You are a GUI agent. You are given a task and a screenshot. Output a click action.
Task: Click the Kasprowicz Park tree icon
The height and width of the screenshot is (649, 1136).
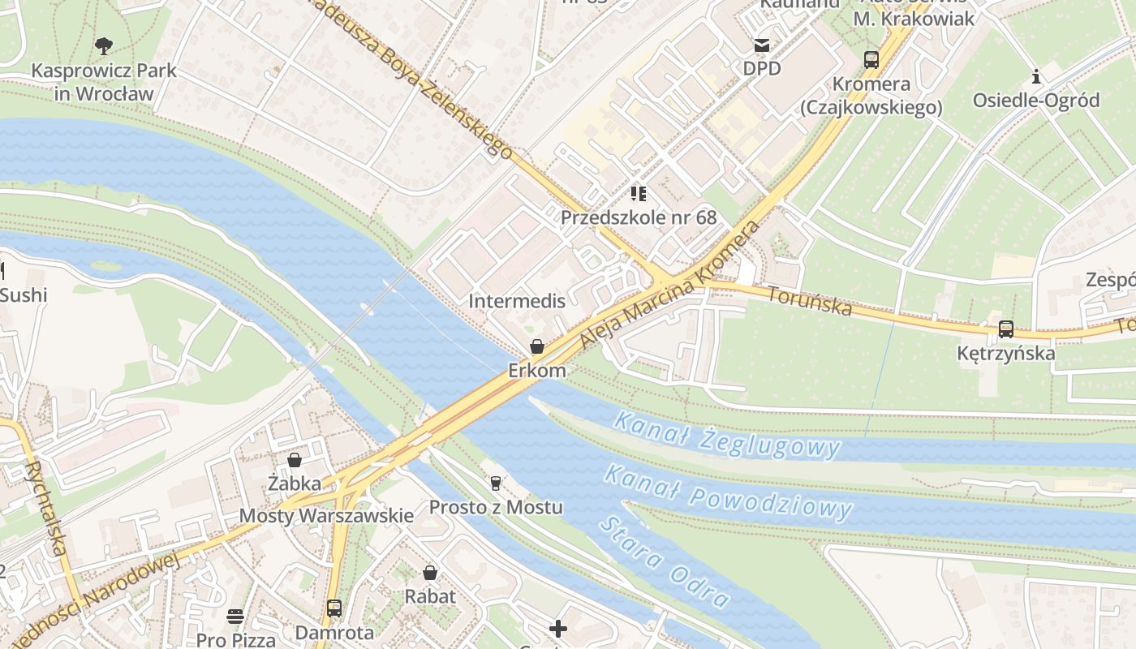[x=104, y=45]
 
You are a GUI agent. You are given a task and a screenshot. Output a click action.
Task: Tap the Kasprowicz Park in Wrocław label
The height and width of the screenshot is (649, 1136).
[x=104, y=82]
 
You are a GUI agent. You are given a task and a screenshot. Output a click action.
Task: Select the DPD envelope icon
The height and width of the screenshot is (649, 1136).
[x=762, y=45]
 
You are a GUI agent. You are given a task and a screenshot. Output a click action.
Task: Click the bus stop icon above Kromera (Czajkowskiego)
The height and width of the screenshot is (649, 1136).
[x=871, y=59]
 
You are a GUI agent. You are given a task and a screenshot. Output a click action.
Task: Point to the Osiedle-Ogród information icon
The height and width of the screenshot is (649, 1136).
[x=1036, y=77]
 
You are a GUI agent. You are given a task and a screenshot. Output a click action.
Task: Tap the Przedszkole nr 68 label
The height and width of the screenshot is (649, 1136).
[x=639, y=217]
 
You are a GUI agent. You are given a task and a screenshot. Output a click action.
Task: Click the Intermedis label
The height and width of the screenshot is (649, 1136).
[x=517, y=301]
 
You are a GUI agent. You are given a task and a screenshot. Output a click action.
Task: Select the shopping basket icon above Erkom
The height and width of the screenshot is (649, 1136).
[x=536, y=347]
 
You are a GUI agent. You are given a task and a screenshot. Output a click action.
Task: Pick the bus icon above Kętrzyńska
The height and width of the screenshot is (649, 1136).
[x=1006, y=329]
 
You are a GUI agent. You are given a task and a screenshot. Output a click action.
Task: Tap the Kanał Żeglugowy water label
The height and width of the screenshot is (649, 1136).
[x=726, y=434]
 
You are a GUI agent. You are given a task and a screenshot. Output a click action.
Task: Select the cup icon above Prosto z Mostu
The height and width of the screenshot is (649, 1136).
[x=495, y=484]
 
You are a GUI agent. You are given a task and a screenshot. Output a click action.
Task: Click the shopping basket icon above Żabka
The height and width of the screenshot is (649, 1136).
[x=295, y=460]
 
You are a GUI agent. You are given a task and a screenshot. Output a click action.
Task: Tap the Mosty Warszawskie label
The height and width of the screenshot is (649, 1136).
[x=326, y=516]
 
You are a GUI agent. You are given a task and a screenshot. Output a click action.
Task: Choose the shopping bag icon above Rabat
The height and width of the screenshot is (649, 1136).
[x=430, y=573]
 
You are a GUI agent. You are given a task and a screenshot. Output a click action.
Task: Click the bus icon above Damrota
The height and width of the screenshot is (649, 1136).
[x=333, y=608]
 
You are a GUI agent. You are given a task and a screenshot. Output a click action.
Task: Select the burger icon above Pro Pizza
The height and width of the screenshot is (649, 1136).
[x=235, y=616]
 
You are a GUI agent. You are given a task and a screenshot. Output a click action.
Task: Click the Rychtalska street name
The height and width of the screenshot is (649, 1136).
[x=45, y=509]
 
